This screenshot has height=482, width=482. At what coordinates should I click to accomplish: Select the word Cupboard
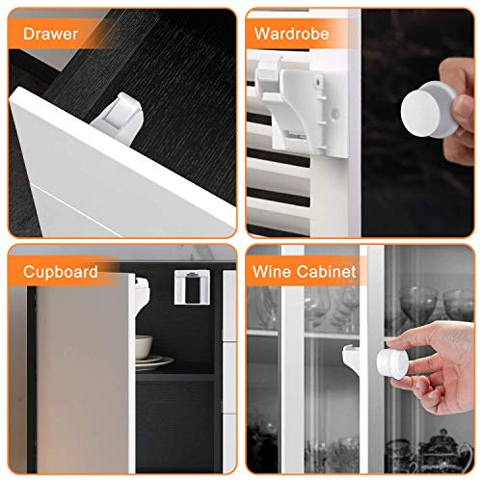pos(62,272)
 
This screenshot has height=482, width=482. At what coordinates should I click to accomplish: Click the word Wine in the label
pos(274,272)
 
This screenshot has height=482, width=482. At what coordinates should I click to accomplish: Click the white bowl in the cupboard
pos(143,345)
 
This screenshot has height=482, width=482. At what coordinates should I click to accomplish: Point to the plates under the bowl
pos(152,362)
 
